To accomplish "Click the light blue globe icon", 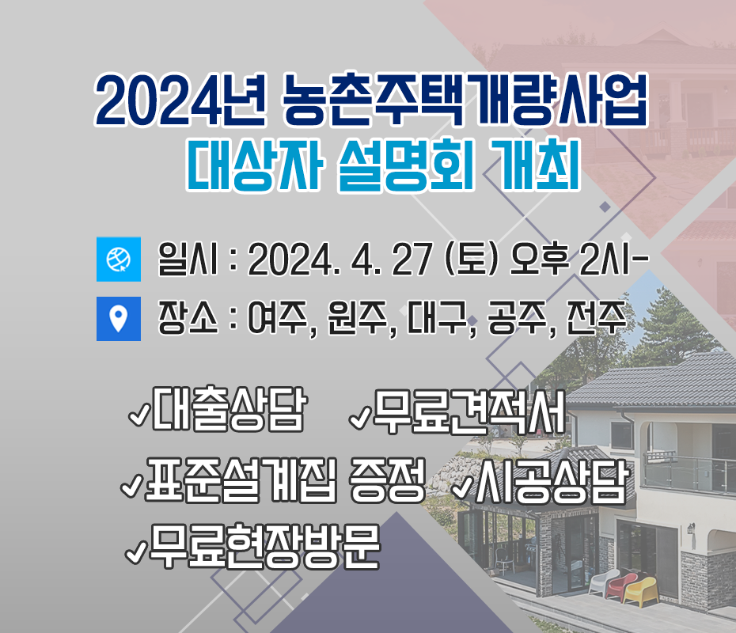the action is coord(118,259).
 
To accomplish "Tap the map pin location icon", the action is coord(118,319).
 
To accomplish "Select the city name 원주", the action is coord(358,318).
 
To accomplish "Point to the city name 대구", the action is coord(438,318).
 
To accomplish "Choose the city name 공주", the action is coord(517,318).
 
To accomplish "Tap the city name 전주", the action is coord(596,318).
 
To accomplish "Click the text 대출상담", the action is coord(230,409).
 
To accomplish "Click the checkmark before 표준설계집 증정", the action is coord(132,485).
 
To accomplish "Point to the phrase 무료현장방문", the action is coord(264,546).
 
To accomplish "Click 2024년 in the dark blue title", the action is coord(180,100).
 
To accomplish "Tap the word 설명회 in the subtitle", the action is coord(405,165).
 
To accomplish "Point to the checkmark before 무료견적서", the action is coord(361,418).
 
